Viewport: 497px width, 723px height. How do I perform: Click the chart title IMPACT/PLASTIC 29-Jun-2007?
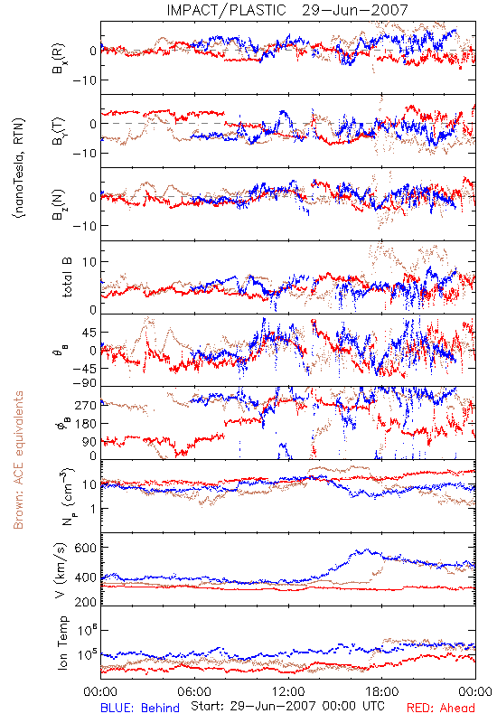[287, 10]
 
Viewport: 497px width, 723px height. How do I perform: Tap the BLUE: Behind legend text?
[140, 708]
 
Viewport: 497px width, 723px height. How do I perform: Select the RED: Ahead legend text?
[440, 708]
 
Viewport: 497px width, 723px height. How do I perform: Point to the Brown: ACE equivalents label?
[18, 460]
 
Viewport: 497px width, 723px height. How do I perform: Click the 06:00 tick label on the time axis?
[194, 691]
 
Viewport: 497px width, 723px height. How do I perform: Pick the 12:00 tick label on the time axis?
[288, 691]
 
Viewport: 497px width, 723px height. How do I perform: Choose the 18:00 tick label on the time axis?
[382, 691]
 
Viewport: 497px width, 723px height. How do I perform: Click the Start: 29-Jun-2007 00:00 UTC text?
[287, 706]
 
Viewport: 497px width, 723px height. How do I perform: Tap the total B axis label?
[67, 277]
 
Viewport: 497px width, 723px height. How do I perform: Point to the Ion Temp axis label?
[62, 643]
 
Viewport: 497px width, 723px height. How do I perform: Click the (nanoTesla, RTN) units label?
[19, 168]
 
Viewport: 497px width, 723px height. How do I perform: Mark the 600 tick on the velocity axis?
[86, 548]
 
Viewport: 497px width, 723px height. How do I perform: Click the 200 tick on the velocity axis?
[86, 602]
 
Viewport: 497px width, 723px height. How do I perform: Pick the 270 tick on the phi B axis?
[86, 405]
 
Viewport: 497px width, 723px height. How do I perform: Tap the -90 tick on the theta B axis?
[84, 383]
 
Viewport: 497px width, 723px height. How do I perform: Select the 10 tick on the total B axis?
[89, 262]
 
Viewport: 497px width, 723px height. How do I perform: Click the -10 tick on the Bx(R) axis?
[84, 80]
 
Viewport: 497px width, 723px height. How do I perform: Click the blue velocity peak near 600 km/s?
[367, 549]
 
